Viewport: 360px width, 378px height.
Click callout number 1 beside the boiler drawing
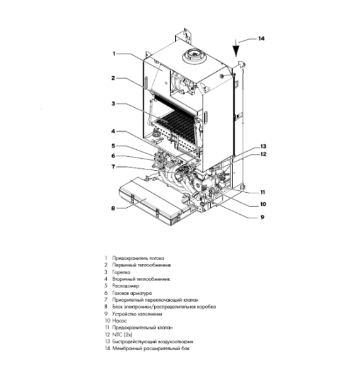113,54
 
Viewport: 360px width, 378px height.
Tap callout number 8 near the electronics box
113,207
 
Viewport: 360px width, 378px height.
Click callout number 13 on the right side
264,146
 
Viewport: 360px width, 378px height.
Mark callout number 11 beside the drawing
264,192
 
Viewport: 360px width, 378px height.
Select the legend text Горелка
121,272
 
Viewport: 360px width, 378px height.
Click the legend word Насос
120,320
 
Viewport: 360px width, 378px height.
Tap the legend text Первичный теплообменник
142,265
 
